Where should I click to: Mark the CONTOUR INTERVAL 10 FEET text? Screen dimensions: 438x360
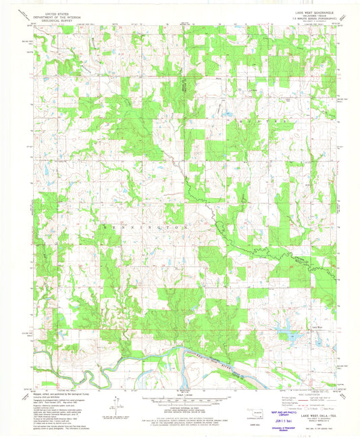(x=180, y=404)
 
